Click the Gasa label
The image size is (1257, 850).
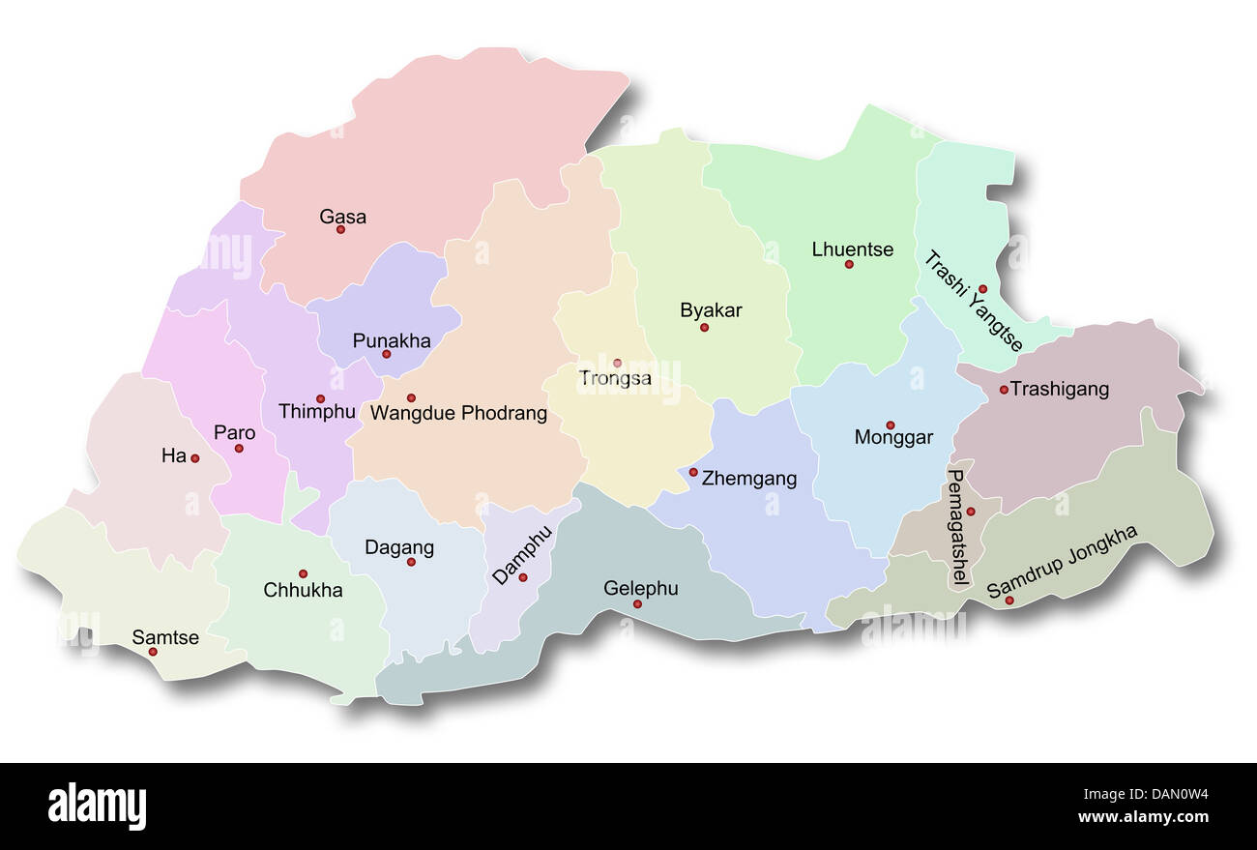click(x=342, y=217)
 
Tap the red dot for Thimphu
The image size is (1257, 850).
click(x=320, y=398)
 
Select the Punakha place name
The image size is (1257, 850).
click(x=392, y=340)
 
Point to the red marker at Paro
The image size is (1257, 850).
click(x=239, y=448)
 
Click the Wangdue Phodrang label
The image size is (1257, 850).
click(x=459, y=414)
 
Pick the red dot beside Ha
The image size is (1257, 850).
click(x=194, y=458)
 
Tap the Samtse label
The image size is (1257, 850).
click(x=165, y=637)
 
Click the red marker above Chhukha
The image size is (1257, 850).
click(x=303, y=573)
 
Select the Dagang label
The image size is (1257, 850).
click(x=399, y=547)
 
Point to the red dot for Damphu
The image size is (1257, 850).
click(x=523, y=577)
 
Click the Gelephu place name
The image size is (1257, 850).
click(x=641, y=588)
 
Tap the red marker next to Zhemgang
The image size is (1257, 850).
click(x=693, y=472)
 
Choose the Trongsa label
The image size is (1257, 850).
click(x=615, y=378)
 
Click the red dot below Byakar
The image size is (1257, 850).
click(x=704, y=327)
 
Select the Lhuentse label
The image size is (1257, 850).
click(x=853, y=249)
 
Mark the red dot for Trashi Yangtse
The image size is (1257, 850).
click(x=982, y=288)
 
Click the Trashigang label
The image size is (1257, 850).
click(x=1060, y=389)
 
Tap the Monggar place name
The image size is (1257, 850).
click(x=893, y=437)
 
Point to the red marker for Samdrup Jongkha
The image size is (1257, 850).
click(x=1009, y=601)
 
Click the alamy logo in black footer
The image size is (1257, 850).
click(x=97, y=806)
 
